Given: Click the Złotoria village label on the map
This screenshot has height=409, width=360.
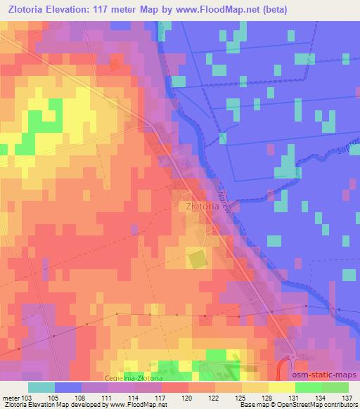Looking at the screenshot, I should coord(198,207).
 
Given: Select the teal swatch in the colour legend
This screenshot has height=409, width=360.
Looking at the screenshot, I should coord(41,387).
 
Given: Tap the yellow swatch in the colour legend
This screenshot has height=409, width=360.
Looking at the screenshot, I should coord(282,387).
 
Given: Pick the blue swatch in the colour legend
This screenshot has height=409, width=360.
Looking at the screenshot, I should coord(68,387).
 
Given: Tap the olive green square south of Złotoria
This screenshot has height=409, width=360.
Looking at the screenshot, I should coord(198,259).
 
